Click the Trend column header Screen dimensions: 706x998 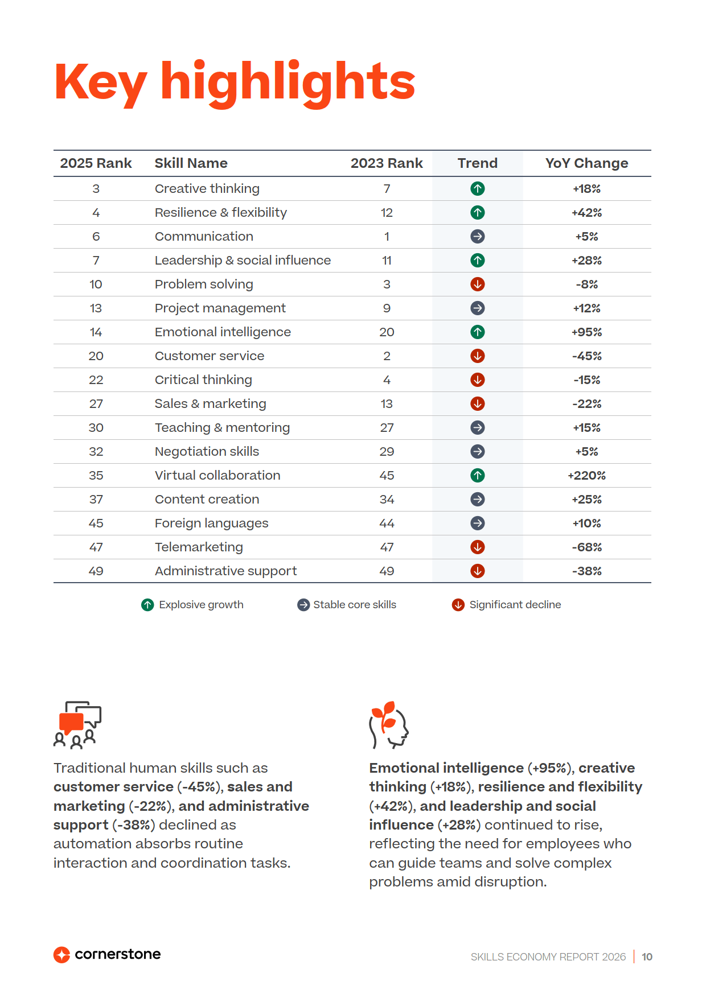pos(477,163)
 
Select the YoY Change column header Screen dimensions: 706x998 pos(586,163)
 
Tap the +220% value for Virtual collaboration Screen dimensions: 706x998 pos(586,475)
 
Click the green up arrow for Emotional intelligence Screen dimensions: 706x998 pos(478,332)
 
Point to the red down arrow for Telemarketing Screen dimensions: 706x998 pos(478,547)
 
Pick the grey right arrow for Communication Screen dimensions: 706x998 pos(478,236)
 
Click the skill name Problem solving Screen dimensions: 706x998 pos(204,284)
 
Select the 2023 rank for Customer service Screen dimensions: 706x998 pos(387,356)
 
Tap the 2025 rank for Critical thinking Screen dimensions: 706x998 pos(96,380)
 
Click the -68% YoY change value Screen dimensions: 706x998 pos(586,547)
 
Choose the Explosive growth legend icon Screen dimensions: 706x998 pos(147,605)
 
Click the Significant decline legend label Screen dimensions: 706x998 pos(515,605)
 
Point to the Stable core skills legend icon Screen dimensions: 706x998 pos(303,605)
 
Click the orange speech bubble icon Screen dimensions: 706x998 pos(72,723)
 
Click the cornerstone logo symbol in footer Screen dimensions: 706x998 pos(61,955)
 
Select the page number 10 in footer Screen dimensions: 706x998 pos(647,957)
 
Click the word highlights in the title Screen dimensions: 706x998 pos(288,82)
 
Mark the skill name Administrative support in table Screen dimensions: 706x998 pos(225,571)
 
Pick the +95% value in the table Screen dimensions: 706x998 pos(586,332)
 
